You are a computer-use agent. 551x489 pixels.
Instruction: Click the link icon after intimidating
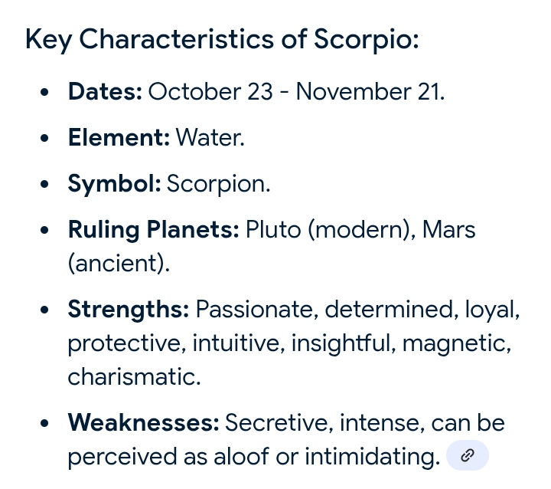pos(468,455)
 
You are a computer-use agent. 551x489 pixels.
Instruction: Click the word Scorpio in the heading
pos(366,39)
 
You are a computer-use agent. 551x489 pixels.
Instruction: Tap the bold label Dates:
pos(105,91)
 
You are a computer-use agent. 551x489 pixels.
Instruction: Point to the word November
pos(353,91)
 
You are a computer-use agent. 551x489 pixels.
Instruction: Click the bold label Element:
pos(119,137)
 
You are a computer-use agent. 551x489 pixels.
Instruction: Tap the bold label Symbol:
pos(114,184)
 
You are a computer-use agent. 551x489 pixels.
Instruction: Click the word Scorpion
pos(218,184)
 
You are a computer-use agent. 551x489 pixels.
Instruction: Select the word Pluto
pos(273,229)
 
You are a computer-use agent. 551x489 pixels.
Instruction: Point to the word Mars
pos(448,229)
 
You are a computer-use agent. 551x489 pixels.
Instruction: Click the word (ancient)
pos(119,263)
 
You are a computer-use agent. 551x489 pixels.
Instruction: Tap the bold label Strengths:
pos(129,310)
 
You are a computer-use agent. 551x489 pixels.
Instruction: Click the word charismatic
pos(134,376)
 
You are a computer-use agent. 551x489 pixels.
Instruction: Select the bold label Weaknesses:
pos(143,422)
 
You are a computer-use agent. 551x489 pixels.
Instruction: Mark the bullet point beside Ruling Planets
pos(44,230)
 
